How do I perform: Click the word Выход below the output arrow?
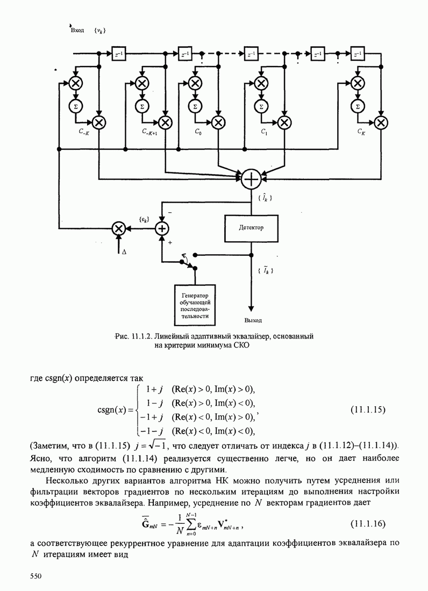(x=253, y=321)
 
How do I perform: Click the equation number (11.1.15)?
(x=368, y=410)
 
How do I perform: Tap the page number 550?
(x=35, y=576)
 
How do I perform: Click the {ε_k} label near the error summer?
(x=144, y=219)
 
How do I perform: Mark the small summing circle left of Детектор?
(x=162, y=228)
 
